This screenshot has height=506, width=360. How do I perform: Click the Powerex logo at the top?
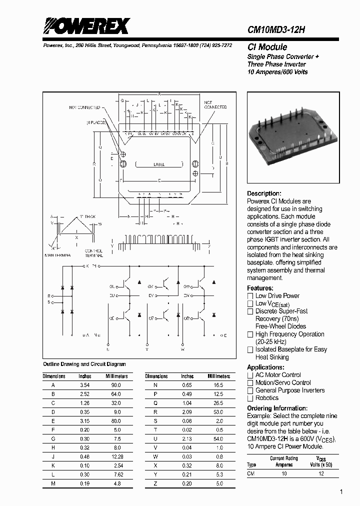point(86,26)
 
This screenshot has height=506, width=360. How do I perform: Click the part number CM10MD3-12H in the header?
point(276,29)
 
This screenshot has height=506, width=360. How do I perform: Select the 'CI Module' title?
point(267,47)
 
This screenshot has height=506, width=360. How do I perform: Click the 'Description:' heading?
point(264,193)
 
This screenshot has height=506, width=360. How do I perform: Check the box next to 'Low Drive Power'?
point(250,296)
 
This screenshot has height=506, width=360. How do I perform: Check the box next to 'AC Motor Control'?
point(250,375)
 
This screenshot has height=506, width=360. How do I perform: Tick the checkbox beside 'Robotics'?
point(250,398)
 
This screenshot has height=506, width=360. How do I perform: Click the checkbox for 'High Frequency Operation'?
point(250,334)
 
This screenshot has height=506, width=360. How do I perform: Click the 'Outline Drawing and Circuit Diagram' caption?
point(84,364)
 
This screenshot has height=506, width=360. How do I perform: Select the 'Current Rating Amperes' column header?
point(283,461)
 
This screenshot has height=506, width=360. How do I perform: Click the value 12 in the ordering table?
point(321,473)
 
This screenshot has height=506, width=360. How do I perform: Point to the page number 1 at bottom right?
point(341,492)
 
